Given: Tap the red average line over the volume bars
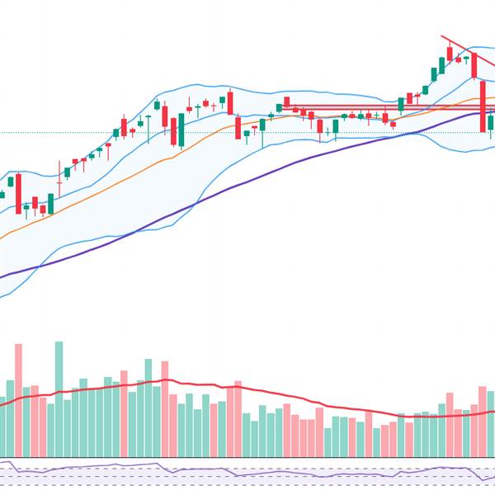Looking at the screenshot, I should tap(247, 389).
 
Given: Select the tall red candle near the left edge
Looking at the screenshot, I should tap(18, 193).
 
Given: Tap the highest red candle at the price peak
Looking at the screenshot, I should tap(450, 54).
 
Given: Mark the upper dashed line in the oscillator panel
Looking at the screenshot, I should tap(247, 468).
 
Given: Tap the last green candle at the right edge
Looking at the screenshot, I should tap(491, 125).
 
